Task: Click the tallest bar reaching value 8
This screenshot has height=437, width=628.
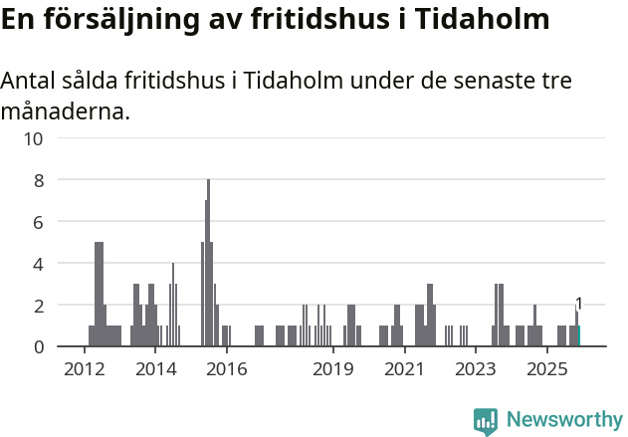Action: coord(208,263)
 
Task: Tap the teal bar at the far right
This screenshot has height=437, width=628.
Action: coord(579,336)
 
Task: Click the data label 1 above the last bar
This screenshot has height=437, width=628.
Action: coord(578,304)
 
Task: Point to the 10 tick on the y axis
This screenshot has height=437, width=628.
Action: coord(34,138)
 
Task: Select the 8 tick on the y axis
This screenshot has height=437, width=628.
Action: coord(38,180)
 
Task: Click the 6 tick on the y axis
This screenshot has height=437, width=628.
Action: coord(38,222)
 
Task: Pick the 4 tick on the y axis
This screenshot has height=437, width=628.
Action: coord(38,264)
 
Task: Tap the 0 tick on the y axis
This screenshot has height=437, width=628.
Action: coord(38,346)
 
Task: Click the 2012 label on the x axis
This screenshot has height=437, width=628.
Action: coord(84,370)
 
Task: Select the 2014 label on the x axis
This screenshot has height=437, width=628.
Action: coord(155,370)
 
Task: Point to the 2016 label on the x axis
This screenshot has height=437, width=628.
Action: coord(227,370)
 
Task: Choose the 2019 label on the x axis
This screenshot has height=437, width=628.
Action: coord(333,370)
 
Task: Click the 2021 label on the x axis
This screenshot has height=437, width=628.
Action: coord(404,370)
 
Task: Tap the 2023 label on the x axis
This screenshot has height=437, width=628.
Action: coord(476,370)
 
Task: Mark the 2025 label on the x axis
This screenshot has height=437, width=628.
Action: coord(546,370)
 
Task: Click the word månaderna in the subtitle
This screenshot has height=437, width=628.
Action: coord(65,110)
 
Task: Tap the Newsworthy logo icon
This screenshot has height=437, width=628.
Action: coord(485,421)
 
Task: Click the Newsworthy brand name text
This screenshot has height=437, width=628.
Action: coord(563,420)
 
